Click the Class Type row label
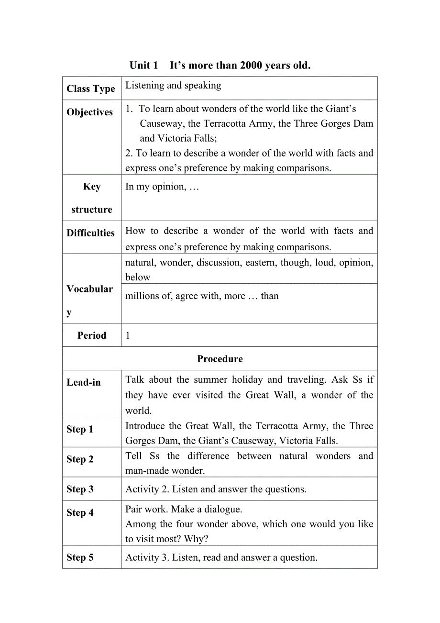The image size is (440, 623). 91,89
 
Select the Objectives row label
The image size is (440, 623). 90,112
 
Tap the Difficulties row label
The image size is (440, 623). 91,233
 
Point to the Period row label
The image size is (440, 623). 92,335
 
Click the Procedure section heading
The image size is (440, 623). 220,359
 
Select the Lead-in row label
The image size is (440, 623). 84,382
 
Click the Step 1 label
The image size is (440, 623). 80,429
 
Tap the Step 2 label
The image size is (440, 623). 80,459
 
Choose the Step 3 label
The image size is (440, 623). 80,489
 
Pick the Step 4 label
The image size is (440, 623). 80,512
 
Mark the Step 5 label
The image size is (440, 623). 80,557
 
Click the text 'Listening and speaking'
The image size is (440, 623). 173,86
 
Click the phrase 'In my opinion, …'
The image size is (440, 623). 162,187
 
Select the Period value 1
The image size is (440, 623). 128,335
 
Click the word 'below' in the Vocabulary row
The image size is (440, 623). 138,277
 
